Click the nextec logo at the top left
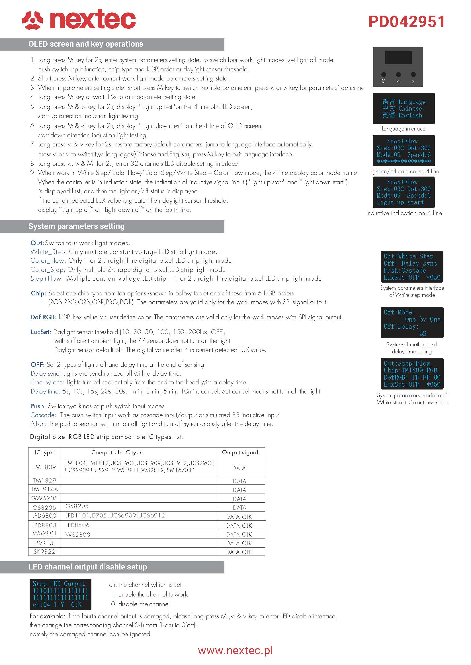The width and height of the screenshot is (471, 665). [x=79, y=20]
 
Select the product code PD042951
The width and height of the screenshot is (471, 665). [x=406, y=22]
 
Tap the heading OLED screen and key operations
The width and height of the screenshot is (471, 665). [x=85, y=44]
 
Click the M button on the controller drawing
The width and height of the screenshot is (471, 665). [x=383, y=75]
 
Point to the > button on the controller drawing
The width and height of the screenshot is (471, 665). [x=413, y=75]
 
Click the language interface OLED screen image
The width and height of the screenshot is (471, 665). [x=404, y=108]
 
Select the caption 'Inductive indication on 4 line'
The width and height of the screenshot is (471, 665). [x=404, y=213]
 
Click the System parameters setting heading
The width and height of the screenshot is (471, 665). [x=76, y=226]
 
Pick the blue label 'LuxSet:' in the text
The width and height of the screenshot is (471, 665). [x=41, y=332]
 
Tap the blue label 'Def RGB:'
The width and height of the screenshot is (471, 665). [x=43, y=317]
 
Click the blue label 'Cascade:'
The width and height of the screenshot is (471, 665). [x=43, y=415]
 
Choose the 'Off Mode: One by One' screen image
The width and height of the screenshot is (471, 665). [x=412, y=322]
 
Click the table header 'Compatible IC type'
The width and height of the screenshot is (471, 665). [x=117, y=452]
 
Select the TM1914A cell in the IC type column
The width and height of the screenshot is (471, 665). [x=44, y=489]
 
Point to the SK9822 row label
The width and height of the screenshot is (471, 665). [x=44, y=552]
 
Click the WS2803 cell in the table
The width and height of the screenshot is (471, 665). [x=78, y=535]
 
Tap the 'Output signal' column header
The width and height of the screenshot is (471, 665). [x=240, y=452]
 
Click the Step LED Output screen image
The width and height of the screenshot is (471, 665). [x=60, y=594]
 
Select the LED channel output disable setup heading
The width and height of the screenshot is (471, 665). [x=88, y=567]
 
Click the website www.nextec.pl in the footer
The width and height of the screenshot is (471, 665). [x=235, y=651]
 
